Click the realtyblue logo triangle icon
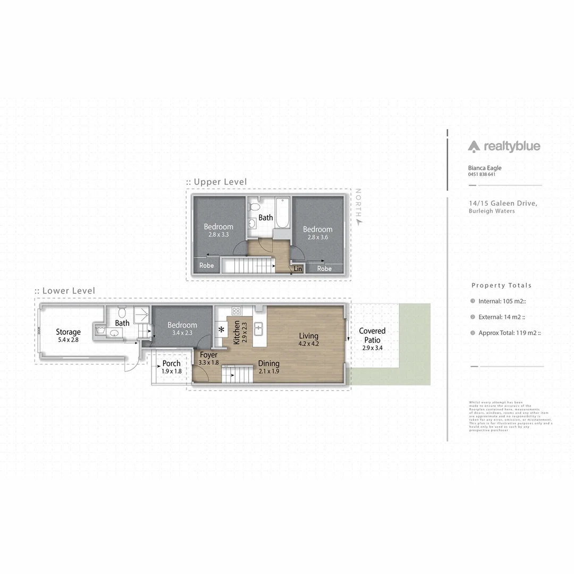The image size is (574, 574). (x=474, y=146)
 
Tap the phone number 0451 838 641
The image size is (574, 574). (x=482, y=174)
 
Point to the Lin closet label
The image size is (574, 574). (x=298, y=269)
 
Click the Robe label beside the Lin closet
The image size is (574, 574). (x=324, y=269)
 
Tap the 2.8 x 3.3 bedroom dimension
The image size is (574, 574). (x=218, y=234)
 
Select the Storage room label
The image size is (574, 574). (x=69, y=332)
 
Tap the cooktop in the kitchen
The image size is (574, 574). (x=236, y=311)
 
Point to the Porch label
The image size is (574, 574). (x=172, y=364)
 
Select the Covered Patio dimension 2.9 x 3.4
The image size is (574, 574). (x=372, y=348)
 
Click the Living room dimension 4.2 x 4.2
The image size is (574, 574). (x=308, y=343)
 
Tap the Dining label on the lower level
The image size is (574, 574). (x=269, y=364)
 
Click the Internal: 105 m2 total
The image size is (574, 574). (x=499, y=301)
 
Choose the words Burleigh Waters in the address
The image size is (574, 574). (x=492, y=211)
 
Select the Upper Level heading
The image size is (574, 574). (x=220, y=182)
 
